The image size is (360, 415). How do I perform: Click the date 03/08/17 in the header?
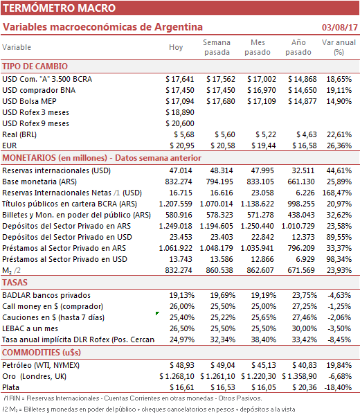coord(340,28)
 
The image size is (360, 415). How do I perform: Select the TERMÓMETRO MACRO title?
coord(60,8)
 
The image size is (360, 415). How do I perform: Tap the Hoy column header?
coord(176,47)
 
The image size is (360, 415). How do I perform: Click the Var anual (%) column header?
coord(339,47)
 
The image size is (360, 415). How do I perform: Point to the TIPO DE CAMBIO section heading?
coord(35,67)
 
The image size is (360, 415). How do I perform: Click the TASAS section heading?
coord(15,283)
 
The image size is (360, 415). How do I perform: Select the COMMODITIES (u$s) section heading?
coord(42,353)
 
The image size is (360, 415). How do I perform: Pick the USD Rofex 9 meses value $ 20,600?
coord(180,123)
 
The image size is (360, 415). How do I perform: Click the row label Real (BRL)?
coord(19,134)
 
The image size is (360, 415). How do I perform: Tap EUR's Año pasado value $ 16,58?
coord(305,145)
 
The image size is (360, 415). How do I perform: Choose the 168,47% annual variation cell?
coord(337,193)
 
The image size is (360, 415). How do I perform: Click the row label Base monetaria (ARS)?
coord(39,182)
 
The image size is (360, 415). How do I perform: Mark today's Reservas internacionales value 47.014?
coord(181,170)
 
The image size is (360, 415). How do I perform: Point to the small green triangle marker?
coord(157,313)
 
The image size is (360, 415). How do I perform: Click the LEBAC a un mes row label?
coord(30,328)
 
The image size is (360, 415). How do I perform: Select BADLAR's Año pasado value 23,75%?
coord(305,295)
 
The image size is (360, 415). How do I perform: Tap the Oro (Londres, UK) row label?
coord(35,377)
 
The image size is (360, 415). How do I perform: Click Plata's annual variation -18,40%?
coord(338,388)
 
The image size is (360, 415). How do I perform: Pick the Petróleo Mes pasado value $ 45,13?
coord(264,366)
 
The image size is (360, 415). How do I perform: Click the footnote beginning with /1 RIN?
coord(132,398)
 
